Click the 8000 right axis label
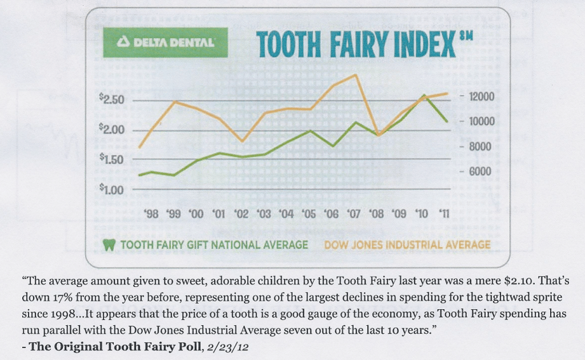pyautogui.click(x=479, y=147)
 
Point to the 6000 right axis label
pyautogui.click(x=479, y=172)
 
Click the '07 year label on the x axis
pyautogui.click(x=354, y=215)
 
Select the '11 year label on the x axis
pyautogui.click(x=443, y=215)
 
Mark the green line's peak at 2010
pyautogui.click(x=424, y=95)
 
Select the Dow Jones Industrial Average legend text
pyautogui.click(x=407, y=245)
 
